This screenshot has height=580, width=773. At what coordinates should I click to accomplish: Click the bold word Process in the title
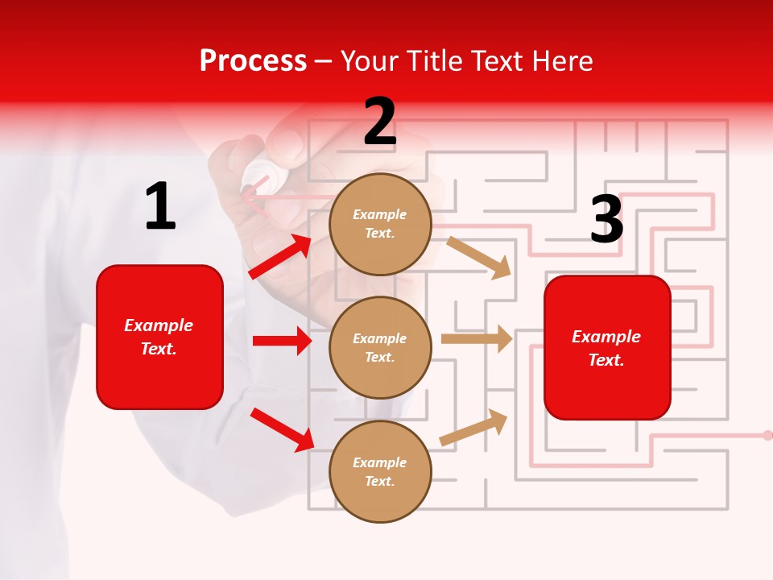[253, 61]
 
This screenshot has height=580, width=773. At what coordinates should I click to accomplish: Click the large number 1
[160, 206]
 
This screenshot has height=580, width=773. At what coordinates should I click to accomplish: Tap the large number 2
[380, 122]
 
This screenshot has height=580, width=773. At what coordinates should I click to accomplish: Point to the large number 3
[606, 219]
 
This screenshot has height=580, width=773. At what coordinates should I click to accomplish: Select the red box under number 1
[159, 337]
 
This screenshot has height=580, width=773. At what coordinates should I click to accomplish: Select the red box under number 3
[607, 347]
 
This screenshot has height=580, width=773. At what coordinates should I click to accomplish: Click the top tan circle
[380, 224]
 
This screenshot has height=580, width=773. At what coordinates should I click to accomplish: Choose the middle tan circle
[380, 347]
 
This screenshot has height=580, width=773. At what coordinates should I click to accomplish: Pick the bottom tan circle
[380, 471]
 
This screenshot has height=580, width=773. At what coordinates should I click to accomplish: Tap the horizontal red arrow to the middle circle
[282, 341]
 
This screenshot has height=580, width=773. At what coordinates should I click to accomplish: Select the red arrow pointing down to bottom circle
[283, 429]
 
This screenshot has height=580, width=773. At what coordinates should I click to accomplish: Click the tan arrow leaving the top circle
[479, 257]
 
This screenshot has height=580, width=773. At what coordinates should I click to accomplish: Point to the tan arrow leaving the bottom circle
[474, 427]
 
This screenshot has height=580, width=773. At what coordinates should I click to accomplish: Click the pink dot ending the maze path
[767, 435]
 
